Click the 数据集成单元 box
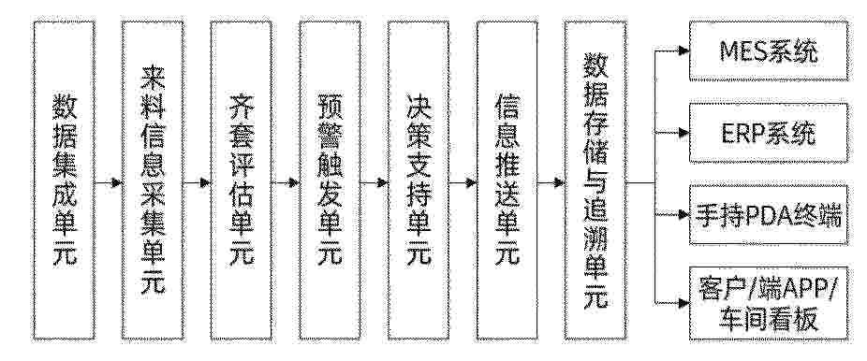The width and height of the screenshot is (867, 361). [64, 180]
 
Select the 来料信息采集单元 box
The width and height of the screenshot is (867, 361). [153, 180]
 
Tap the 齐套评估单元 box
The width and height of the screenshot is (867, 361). [241, 180]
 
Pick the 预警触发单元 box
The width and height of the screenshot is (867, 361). [331, 180]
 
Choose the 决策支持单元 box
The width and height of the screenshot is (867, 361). [419, 180]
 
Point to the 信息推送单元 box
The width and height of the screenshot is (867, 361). [507, 180]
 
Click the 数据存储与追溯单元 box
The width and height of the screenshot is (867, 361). [595, 180]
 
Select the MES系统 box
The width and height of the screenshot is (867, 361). [769, 51]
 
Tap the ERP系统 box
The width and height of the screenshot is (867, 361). [769, 133]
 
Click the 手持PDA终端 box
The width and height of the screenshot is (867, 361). [769, 215]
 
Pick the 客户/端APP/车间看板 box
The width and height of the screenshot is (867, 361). [769, 303]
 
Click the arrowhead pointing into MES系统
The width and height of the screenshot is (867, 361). [684, 51]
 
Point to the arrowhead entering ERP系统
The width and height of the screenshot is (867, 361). [684, 133]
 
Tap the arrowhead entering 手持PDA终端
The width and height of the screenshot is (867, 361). [684, 213]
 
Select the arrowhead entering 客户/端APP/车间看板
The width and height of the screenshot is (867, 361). [684, 302]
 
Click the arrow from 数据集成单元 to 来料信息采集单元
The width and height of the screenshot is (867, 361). [109, 182]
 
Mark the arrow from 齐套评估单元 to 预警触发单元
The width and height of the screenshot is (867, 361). [286, 182]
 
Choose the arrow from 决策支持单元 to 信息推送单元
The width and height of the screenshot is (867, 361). [463, 182]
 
